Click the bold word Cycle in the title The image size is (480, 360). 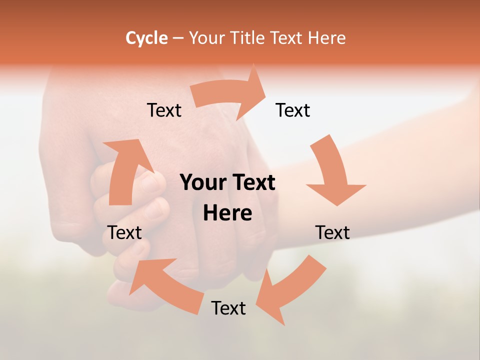(146, 38)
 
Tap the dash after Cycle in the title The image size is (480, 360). (178, 38)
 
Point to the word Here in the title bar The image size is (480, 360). (327, 38)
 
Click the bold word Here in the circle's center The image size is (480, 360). (227, 213)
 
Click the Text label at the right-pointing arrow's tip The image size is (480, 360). (293, 110)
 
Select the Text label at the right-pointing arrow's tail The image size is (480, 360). (164, 110)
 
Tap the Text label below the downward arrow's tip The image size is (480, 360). (332, 232)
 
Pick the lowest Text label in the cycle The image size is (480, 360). (228, 308)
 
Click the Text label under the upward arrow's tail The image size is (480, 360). (124, 232)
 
